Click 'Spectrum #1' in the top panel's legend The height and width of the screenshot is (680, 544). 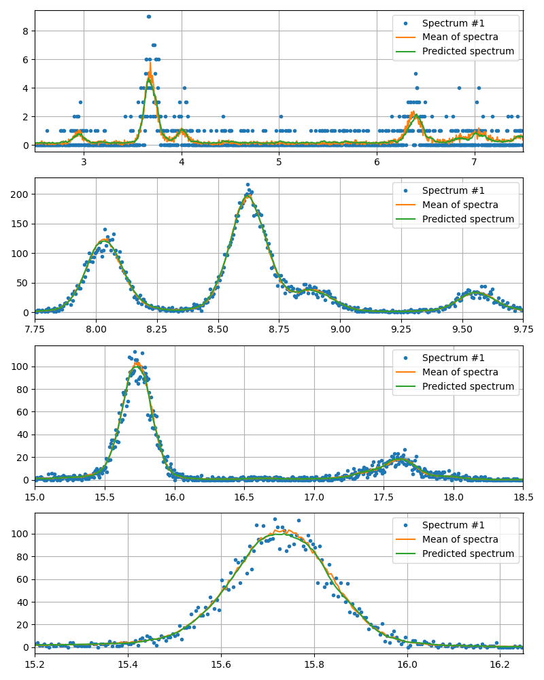[x=454, y=23]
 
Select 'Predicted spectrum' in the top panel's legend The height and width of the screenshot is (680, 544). [x=468, y=52]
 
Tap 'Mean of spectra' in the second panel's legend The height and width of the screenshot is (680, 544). [x=460, y=205]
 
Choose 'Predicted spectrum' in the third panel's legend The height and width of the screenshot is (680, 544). [x=468, y=386]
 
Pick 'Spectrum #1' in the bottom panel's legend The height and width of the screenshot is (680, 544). [x=454, y=525]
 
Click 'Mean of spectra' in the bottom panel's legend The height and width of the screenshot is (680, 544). [x=460, y=539]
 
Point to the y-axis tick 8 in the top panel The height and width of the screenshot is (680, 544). [x=27, y=31]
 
